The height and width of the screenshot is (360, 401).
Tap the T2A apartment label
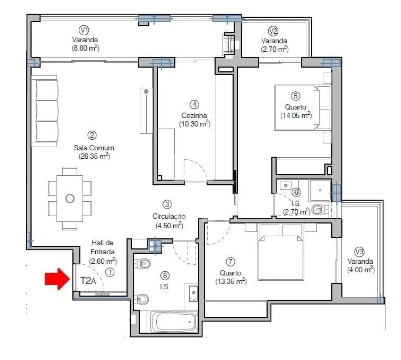click(88, 281)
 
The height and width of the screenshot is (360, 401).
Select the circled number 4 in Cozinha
click(194, 104)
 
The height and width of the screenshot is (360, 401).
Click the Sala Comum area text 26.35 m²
click(94, 156)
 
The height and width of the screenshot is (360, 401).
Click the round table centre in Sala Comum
click(70, 198)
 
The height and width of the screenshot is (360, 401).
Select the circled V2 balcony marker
click(273, 31)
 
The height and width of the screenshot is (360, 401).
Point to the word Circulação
click(169, 216)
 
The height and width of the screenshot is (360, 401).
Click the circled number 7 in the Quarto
click(230, 262)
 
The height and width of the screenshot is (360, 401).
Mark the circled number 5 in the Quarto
click(296, 96)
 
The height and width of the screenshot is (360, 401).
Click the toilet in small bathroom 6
click(318, 209)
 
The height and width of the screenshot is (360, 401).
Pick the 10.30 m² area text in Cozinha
click(194, 124)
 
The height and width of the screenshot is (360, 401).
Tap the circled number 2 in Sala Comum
click(92, 135)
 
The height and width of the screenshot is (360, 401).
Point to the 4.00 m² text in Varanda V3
click(361, 270)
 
